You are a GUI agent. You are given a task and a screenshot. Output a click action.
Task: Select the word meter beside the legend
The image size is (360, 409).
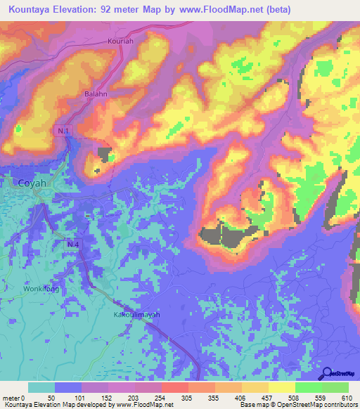(11, 397)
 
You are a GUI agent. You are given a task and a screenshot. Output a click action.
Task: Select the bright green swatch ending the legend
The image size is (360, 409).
(335, 387)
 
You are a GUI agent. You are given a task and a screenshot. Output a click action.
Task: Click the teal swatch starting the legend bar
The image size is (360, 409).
(41, 387)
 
